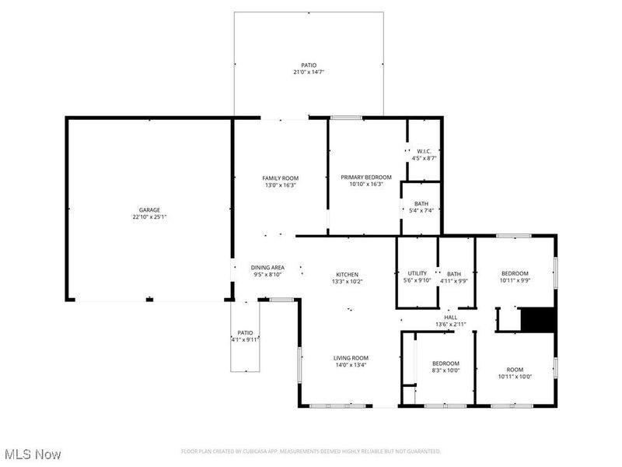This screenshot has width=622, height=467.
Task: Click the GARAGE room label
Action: (149, 209)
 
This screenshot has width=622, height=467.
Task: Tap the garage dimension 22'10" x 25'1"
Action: (149, 217)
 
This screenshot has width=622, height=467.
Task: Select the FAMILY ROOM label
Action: (280, 178)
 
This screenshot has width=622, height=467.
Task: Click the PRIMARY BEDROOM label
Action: (366, 177)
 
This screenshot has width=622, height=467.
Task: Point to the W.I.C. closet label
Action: (424, 151)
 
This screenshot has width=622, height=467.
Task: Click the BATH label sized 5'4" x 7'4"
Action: (421, 203)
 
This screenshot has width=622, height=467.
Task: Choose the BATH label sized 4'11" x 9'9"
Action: (453, 274)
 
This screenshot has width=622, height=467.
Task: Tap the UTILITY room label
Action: (418, 273)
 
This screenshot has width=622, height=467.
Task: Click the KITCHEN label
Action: (347, 274)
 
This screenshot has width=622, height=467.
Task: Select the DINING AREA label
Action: (267, 268)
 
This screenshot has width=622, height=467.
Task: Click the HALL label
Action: (450, 317)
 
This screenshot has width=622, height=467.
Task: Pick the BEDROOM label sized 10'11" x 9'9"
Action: (515, 273)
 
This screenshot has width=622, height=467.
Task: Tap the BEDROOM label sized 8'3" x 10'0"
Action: (446, 363)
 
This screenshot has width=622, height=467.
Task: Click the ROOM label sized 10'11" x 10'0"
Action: (515, 370)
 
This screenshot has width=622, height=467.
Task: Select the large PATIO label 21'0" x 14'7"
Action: (309, 65)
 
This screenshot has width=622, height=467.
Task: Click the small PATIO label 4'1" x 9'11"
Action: (245, 332)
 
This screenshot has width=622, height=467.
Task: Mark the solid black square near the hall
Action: (536, 320)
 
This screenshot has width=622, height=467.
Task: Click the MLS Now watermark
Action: (33, 453)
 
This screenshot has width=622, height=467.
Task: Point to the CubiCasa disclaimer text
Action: (311, 451)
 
